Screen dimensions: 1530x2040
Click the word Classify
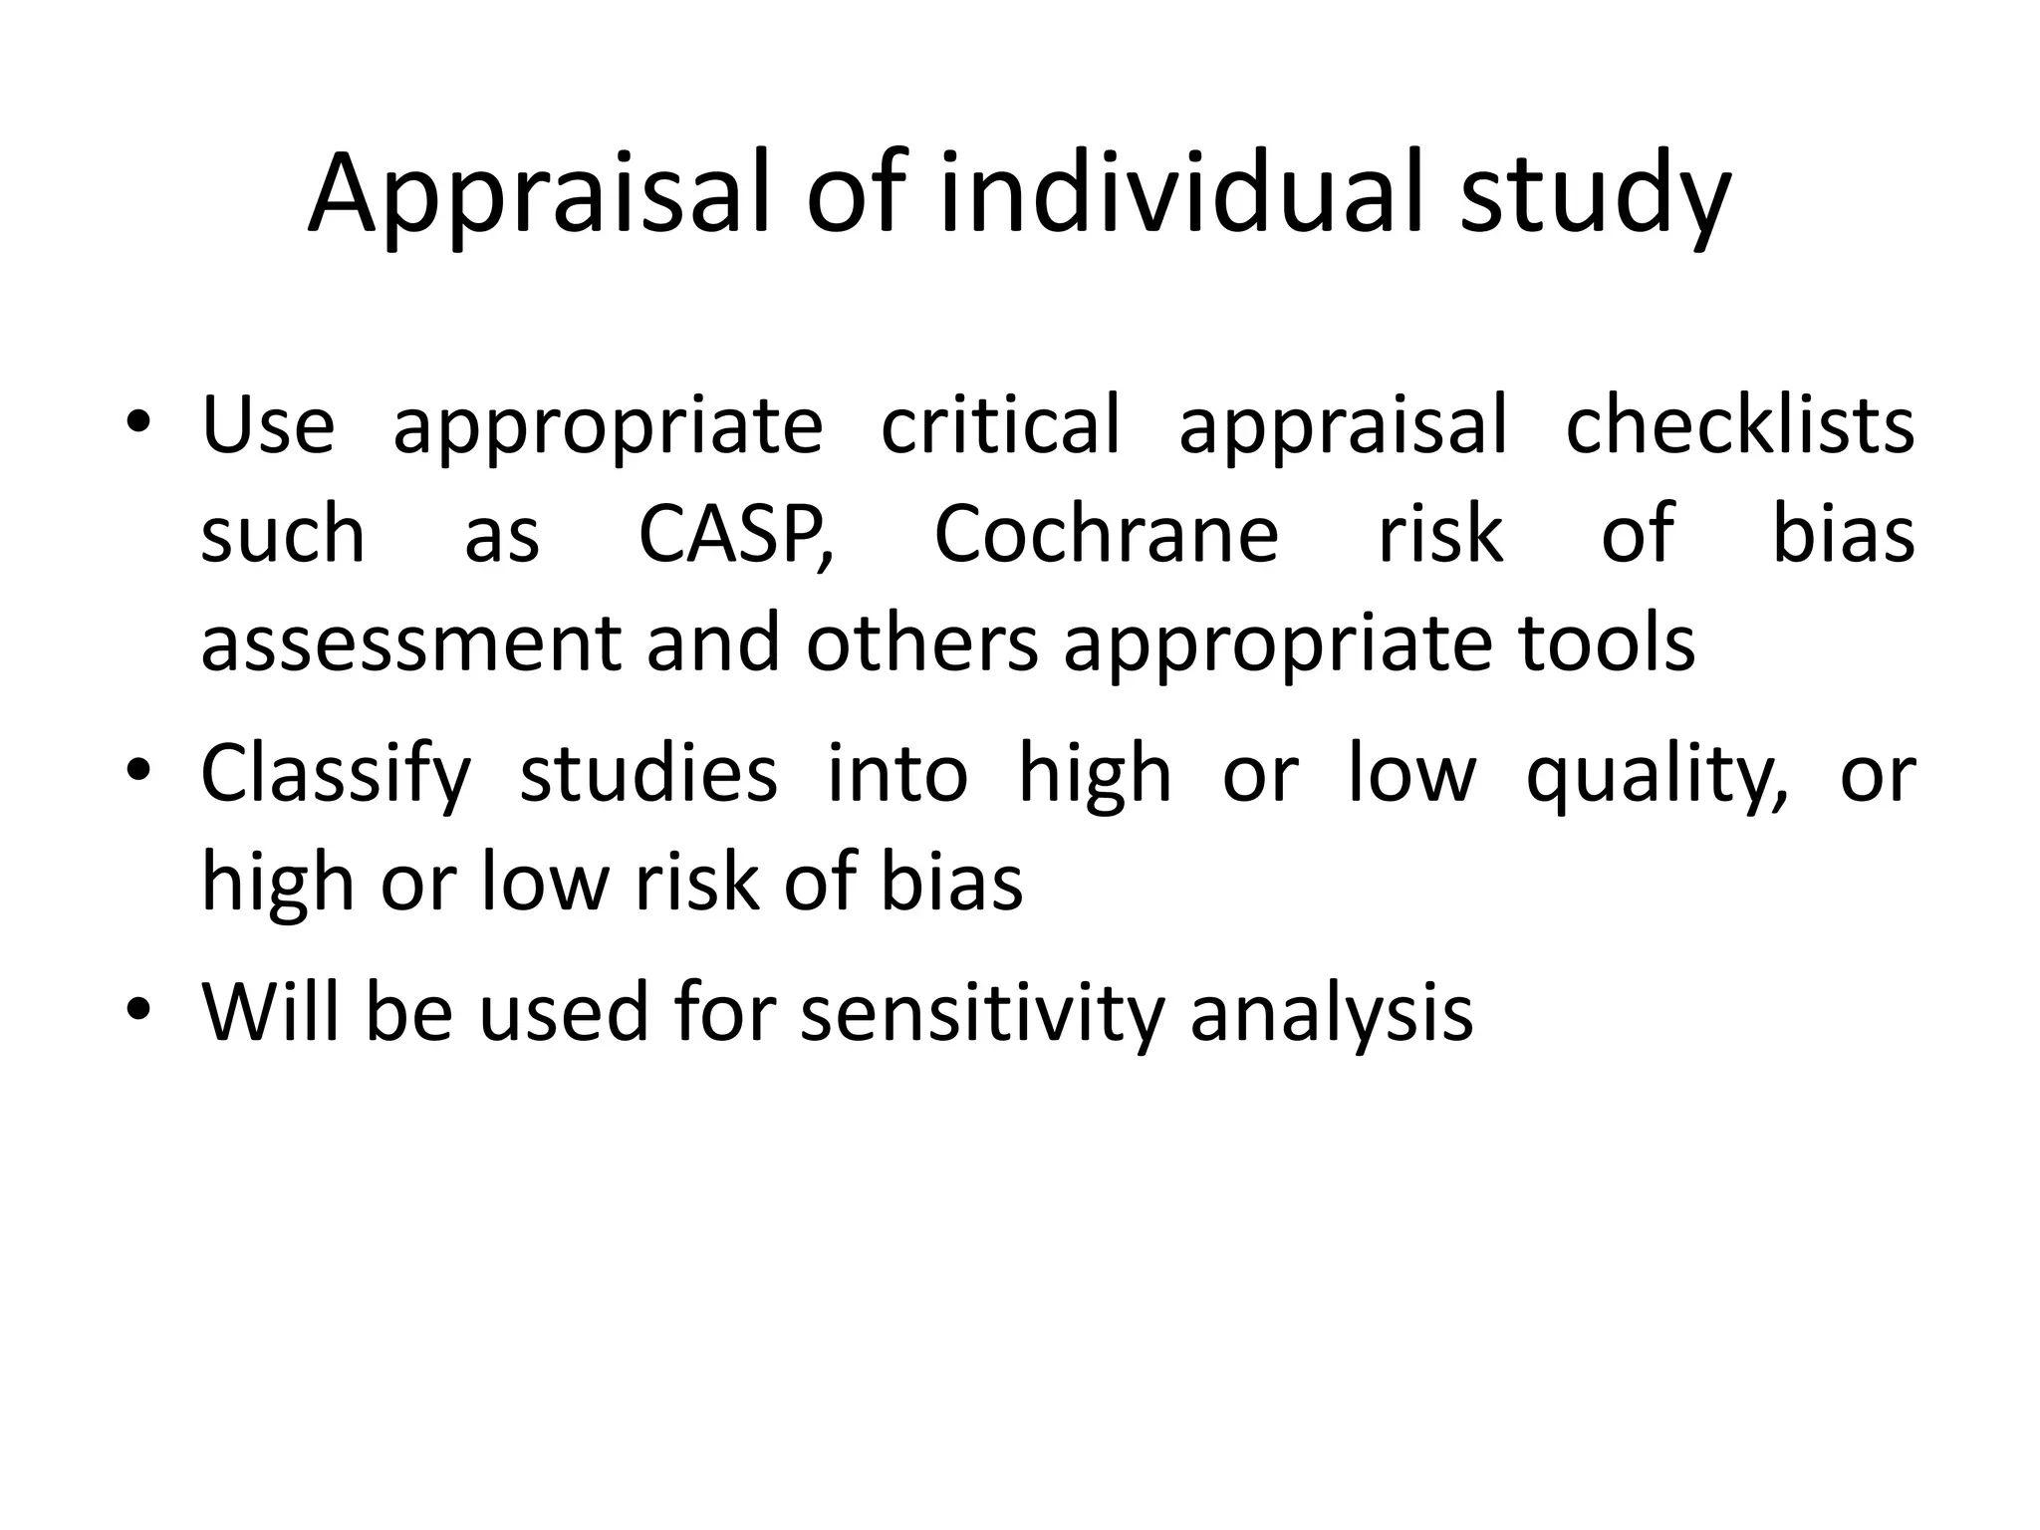(336, 775)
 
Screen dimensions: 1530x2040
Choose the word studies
(648, 775)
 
